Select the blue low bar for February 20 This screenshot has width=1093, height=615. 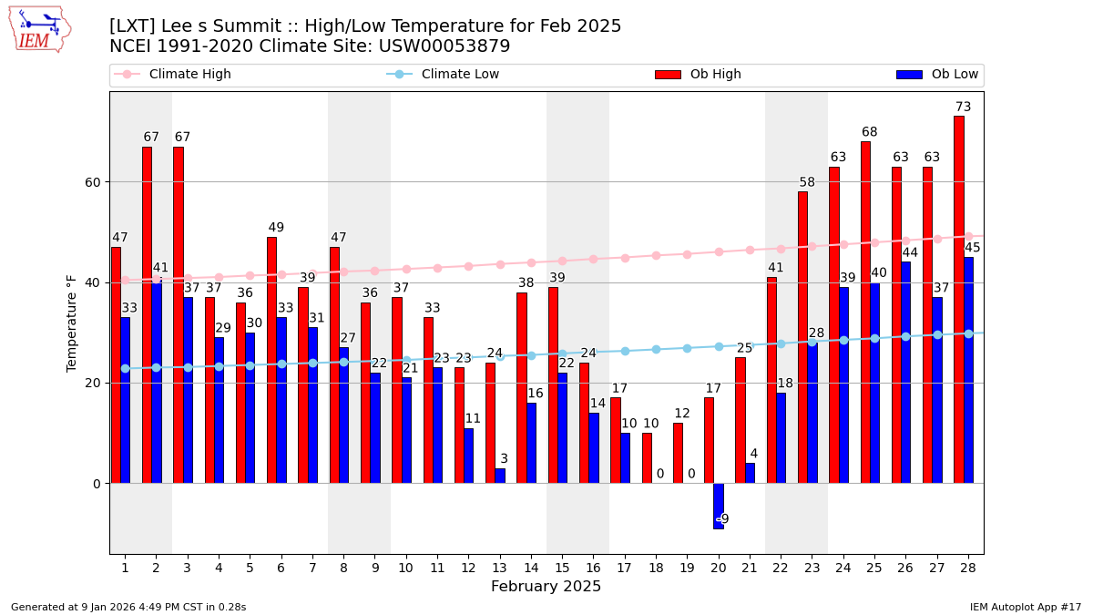tap(718, 506)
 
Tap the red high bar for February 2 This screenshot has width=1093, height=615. tap(147, 314)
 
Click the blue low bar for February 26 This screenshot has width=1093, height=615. tap(905, 372)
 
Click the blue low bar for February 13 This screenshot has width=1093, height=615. tap(500, 476)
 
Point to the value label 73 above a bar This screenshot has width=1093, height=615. tap(963, 108)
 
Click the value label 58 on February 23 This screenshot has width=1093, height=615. tap(807, 183)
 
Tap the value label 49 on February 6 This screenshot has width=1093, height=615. tap(276, 228)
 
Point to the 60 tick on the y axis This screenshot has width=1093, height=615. tap(93, 182)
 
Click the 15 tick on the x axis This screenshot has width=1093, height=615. tap(562, 568)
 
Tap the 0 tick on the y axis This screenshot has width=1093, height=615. tap(96, 484)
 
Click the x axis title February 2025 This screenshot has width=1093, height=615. tap(546, 587)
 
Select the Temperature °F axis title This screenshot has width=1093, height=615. tap(72, 323)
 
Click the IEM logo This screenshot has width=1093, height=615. tap(39, 29)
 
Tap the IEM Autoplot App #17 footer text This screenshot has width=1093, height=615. tap(1026, 607)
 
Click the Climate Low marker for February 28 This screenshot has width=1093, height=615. tap(968, 333)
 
